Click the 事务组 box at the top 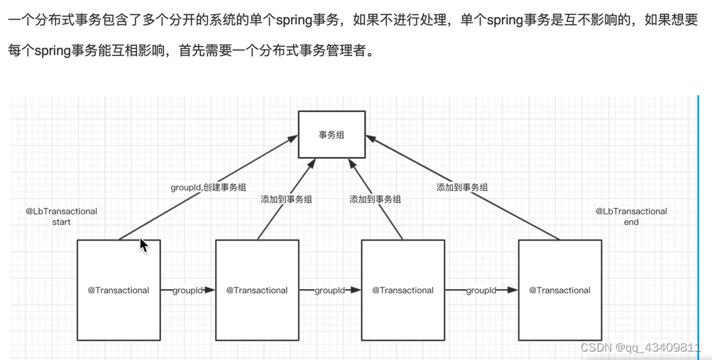point(332,134)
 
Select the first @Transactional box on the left point(119,290)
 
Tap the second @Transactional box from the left point(257,290)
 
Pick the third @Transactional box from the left point(402,290)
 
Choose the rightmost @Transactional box point(560,290)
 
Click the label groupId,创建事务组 point(208,187)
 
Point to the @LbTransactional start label point(62,217)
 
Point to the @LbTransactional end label point(631,217)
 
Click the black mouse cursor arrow point(143,246)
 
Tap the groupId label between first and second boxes point(187,290)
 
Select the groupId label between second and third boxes point(330,290)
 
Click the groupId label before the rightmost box point(481,290)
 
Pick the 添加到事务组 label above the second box point(286,200)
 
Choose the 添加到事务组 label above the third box point(375,200)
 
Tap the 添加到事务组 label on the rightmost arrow point(462,187)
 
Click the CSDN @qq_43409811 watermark point(640,347)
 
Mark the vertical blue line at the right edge point(699,220)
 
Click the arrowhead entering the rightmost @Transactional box point(513,290)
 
